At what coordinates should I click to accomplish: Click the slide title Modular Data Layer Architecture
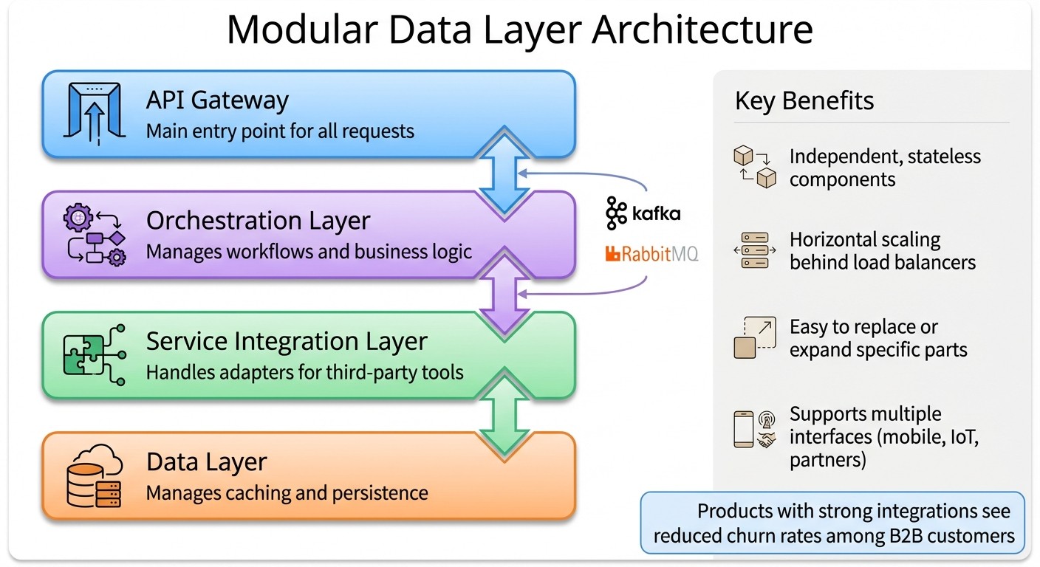519,30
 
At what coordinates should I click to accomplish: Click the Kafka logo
643,213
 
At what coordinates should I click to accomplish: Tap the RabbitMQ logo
651,255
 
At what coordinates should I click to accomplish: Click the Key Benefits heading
804,100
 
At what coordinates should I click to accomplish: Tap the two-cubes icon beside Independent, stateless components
754,167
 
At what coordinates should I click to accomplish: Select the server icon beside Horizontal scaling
754,251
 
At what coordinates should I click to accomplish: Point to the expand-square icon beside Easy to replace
754,337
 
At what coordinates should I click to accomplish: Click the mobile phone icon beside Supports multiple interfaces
743,429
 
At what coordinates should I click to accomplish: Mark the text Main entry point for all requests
280,131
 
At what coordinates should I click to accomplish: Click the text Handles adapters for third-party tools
304,372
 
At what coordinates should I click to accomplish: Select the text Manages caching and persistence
287,492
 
